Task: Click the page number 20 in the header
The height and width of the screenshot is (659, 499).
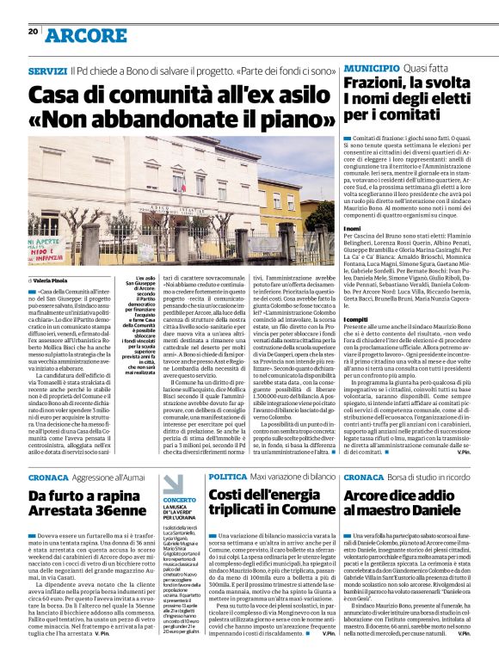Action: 33,32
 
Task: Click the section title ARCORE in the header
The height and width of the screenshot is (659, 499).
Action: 86,35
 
